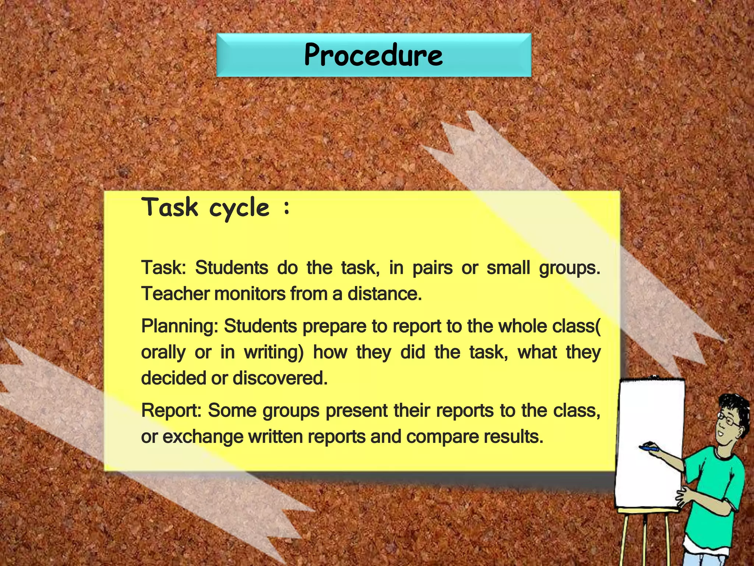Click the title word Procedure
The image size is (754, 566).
pos(373,55)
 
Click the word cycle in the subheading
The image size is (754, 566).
pos(239,208)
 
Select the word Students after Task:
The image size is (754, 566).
pos(232,268)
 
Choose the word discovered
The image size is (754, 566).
pos(280,378)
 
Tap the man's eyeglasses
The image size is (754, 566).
pos(727,420)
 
